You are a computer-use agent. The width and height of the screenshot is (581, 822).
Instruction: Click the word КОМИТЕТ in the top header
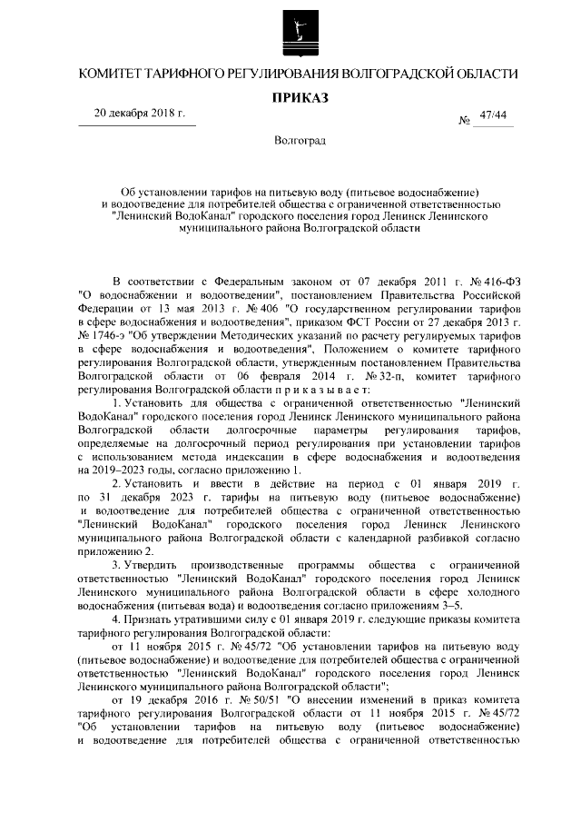pyautogui.click(x=115, y=73)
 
